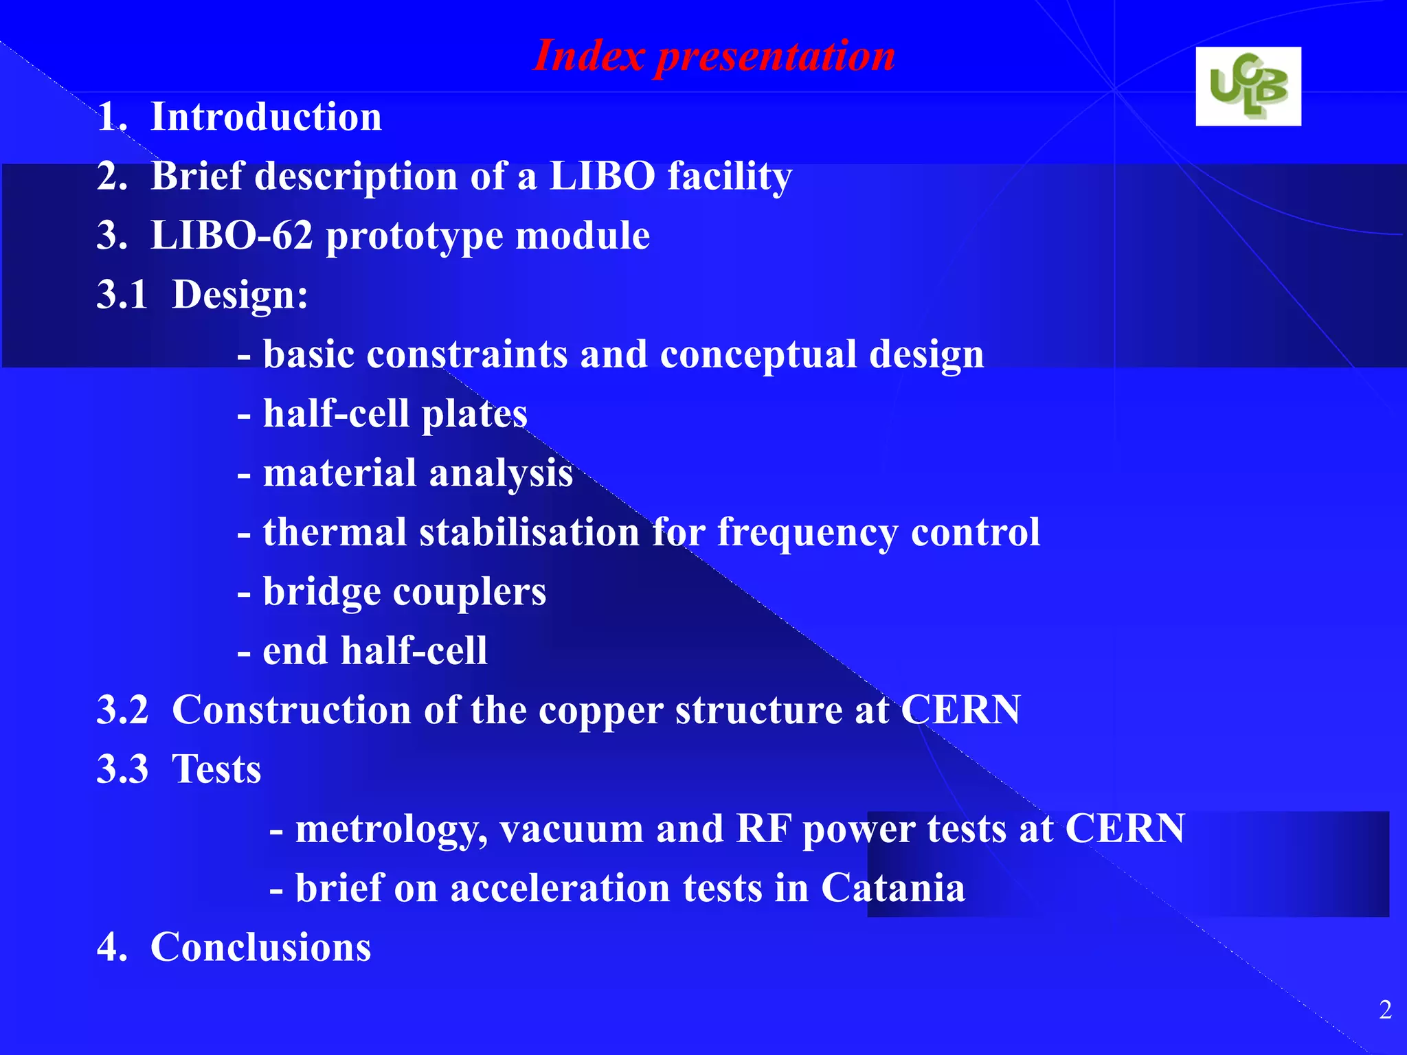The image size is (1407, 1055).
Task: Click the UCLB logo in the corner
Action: click(1248, 87)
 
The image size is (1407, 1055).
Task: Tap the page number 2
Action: click(1385, 1010)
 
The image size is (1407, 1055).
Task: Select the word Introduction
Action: click(266, 117)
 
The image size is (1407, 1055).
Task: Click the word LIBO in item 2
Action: click(602, 176)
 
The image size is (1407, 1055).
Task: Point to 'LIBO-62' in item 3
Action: click(232, 236)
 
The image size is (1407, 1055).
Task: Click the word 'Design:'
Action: click(240, 295)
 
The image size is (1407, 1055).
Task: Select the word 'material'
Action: click(339, 473)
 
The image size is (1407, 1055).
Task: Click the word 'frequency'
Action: click(807, 533)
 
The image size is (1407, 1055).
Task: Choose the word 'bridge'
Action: click(322, 592)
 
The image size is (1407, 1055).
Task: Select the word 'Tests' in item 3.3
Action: click(216, 769)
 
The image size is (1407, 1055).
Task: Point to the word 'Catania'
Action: click(893, 888)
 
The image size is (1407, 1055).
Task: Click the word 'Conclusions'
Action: click(260, 947)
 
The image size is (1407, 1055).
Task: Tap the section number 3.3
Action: click(122, 769)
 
